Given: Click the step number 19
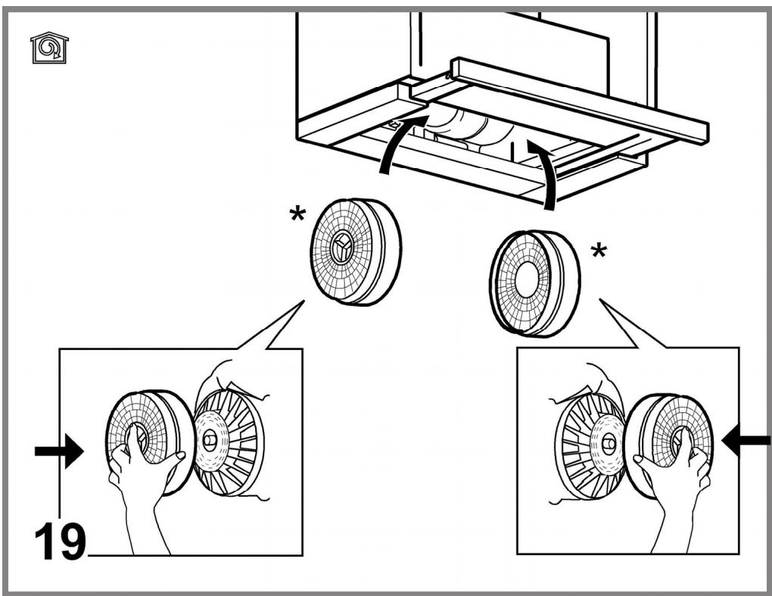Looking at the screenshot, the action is (x=60, y=541).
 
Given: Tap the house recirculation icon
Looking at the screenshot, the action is (x=49, y=48).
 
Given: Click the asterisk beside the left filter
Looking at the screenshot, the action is (x=297, y=215).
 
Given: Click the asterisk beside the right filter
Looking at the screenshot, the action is (x=599, y=251).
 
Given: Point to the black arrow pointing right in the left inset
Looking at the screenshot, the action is (x=59, y=451).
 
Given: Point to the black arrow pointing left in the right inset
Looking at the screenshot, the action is (x=746, y=440).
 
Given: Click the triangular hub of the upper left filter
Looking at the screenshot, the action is (x=341, y=248).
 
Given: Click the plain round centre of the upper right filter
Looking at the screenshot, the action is (x=527, y=279).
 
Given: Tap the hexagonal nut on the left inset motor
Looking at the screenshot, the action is (x=209, y=439).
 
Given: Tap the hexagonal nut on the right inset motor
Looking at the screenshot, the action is (x=609, y=443).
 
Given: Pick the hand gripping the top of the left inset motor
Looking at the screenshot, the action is (x=232, y=379).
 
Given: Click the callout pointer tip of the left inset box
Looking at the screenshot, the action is (x=304, y=301).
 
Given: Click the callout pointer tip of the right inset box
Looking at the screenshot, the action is (x=599, y=299).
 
